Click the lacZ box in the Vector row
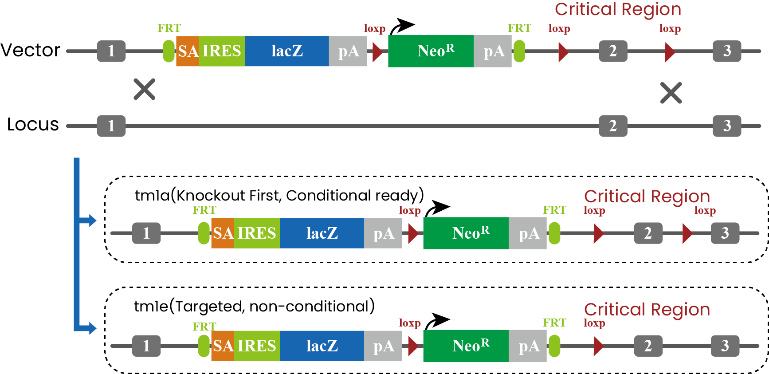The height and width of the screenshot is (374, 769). pyautogui.click(x=287, y=51)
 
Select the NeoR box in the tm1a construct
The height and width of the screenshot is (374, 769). pyautogui.click(x=466, y=233)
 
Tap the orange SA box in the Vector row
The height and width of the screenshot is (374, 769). pyautogui.click(x=188, y=51)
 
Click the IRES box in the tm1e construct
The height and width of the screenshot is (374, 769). pyautogui.click(x=257, y=346)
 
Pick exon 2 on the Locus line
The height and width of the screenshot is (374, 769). pyautogui.click(x=613, y=126)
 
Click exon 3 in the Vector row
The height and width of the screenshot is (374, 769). pyautogui.click(x=727, y=51)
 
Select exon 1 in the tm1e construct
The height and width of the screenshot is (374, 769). pyautogui.click(x=146, y=346)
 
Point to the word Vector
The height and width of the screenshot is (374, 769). pyautogui.click(x=30, y=50)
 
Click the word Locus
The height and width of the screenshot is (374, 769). pyautogui.click(x=33, y=124)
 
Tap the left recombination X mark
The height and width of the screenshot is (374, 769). pyautogui.click(x=145, y=89)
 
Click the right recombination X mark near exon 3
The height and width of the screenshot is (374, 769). pyautogui.click(x=671, y=93)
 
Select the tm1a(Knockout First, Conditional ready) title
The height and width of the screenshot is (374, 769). pyautogui.click(x=279, y=195)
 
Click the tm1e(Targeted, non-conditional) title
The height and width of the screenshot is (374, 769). pyautogui.click(x=255, y=306)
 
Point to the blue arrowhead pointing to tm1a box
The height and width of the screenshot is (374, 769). pyautogui.click(x=92, y=220)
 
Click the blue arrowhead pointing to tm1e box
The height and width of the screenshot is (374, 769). pyautogui.click(x=92, y=328)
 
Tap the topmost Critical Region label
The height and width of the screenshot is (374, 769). pyautogui.click(x=618, y=9)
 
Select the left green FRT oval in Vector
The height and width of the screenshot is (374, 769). pyautogui.click(x=169, y=51)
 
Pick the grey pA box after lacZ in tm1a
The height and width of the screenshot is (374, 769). pyautogui.click(x=383, y=233)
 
